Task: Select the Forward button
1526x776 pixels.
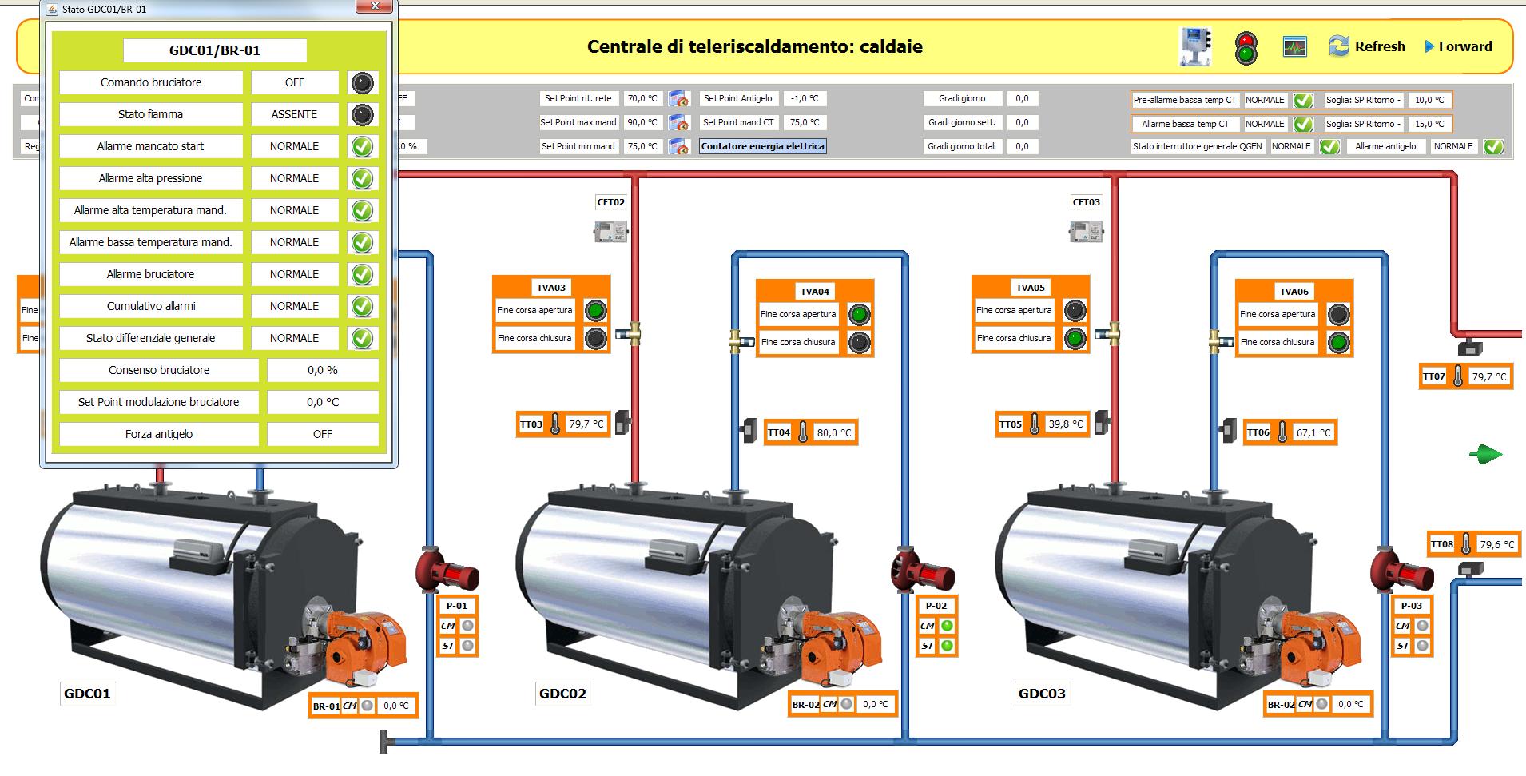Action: click(x=1458, y=46)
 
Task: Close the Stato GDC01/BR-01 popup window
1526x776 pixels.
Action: click(x=375, y=7)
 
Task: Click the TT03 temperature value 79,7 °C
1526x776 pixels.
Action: click(x=586, y=424)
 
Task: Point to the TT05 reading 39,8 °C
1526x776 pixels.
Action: click(x=1066, y=424)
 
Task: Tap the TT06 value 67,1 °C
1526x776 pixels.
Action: click(x=1313, y=432)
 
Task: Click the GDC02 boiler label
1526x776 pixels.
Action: click(x=562, y=694)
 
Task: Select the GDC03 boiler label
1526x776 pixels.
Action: click(x=1042, y=694)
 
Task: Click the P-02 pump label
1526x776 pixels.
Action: click(x=936, y=606)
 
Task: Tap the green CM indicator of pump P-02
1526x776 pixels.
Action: click(x=947, y=626)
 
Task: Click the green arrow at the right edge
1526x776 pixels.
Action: click(x=1485, y=455)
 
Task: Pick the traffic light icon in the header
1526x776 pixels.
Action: click(x=1246, y=48)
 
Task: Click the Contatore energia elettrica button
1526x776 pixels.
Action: click(x=762, y=146)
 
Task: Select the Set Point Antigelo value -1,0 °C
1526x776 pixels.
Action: click(x=805, y=98)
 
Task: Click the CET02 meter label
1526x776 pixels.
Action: click(x=611, y=202)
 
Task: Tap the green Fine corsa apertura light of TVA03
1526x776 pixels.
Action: click(x=595, y=310)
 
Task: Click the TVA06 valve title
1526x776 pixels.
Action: click(x=1294, y=292)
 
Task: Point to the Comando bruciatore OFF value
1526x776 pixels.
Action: click(x=294, y=82)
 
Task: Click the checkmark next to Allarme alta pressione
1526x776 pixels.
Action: click(x=363, y=178)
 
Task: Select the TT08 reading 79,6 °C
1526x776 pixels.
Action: click(x=1496, y=544)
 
